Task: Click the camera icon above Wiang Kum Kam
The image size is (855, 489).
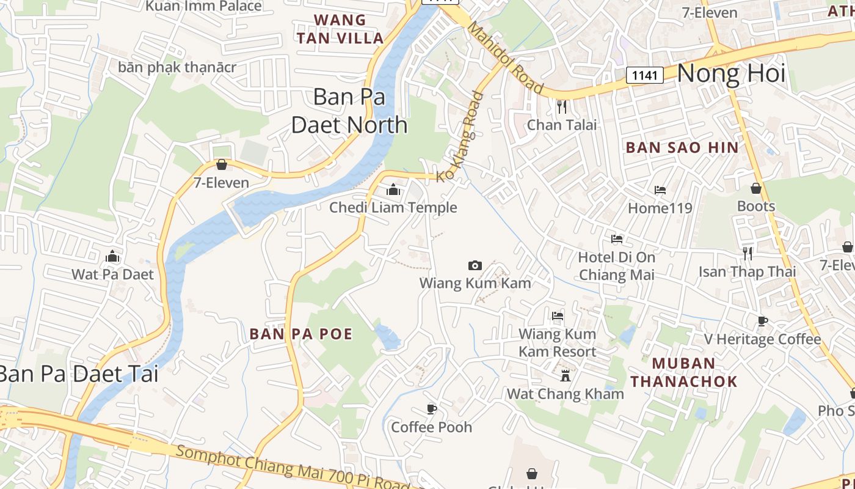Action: (x=475, y=265)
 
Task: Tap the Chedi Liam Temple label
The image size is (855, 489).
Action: (x=393, y=208)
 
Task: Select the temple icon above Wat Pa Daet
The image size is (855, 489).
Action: (x=112, y=256)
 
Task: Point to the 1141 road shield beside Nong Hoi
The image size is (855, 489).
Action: (x=645, y=75)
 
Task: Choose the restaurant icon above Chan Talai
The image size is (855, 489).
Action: (x=562, y=107)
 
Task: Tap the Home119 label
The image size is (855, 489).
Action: (x=660, y=208)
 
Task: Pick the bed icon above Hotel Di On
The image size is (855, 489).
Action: (x=617, y=239)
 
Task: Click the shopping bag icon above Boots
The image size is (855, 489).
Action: (x=755, y=188)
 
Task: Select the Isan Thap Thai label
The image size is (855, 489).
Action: (x=747, y=271)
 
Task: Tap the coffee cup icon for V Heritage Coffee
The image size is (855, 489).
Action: (x=762, y=321)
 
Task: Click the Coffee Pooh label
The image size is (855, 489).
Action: (x=431, y=427)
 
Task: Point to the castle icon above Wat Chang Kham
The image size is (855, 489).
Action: (x=566, y=375)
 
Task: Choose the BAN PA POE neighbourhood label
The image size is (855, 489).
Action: (x=301, y=334)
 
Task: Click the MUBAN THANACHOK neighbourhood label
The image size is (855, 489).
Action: (x=684, y=372)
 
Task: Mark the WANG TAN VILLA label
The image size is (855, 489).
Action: (x=340, y=29)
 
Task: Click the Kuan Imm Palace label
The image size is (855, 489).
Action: (x=204, y=7)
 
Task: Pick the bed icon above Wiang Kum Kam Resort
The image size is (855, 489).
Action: (x=557, y=316)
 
